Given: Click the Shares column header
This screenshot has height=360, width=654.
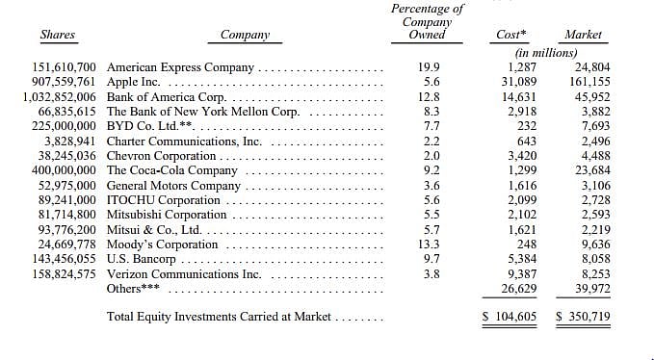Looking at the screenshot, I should coord(57,36).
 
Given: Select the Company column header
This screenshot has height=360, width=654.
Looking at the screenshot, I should coord(245,36).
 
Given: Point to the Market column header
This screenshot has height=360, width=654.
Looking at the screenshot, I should coord(583,35).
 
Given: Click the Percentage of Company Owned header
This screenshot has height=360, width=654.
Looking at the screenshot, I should coord(427,21).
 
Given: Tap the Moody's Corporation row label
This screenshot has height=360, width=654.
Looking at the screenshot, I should coord(155,244).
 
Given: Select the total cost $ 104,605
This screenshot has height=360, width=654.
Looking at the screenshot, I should coord(510,317).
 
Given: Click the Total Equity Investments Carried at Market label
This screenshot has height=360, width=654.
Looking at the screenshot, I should coord(220,317).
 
